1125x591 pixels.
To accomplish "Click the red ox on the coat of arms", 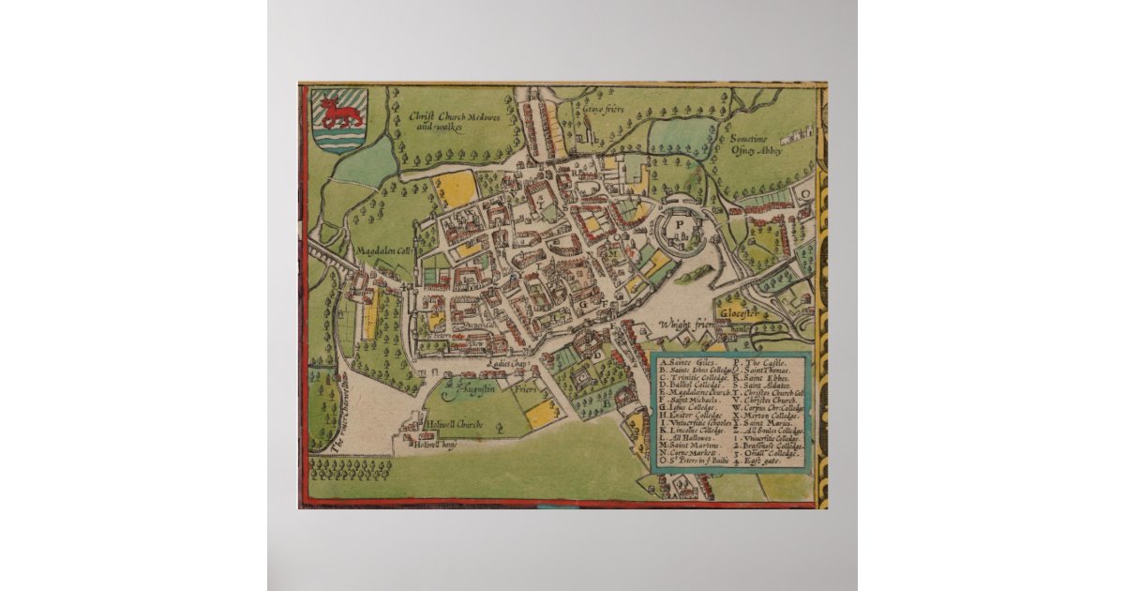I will click(x=340, y=114).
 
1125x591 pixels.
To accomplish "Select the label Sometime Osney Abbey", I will click(x=759, y=145).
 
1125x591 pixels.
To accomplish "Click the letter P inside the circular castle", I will click(x=682, y=225).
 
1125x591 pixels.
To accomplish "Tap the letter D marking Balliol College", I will click(x=595, y=355).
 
